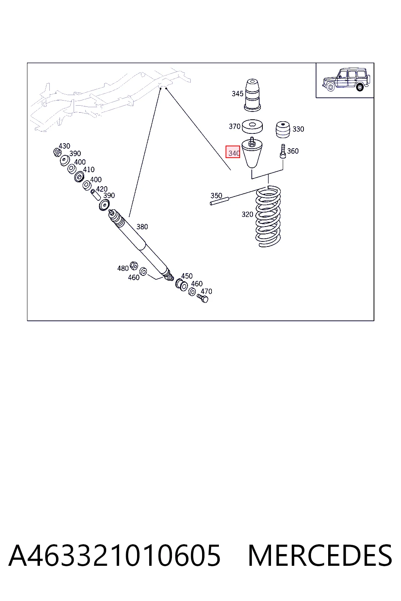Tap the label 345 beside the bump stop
[x=237, y=94]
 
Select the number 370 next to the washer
[x=235, y=126]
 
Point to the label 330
[x=298, y=129]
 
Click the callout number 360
[x=293, y=151]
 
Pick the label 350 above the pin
[x=216, y=196]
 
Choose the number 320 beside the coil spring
[x=247, y=214]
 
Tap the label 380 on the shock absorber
[x=142, y=227]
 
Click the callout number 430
[x=64, y=146]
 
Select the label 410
[x=89, y=169]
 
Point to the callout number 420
[x=102, y=189]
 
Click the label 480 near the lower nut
[x=123, y=268]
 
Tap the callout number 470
[x=206, y=292]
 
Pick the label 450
[x=187, y=276]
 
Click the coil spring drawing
[x=268, y=216]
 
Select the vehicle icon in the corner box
[x=346, y=80]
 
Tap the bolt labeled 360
[x=283, y=151]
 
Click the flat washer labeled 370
[x=252, y=126]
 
